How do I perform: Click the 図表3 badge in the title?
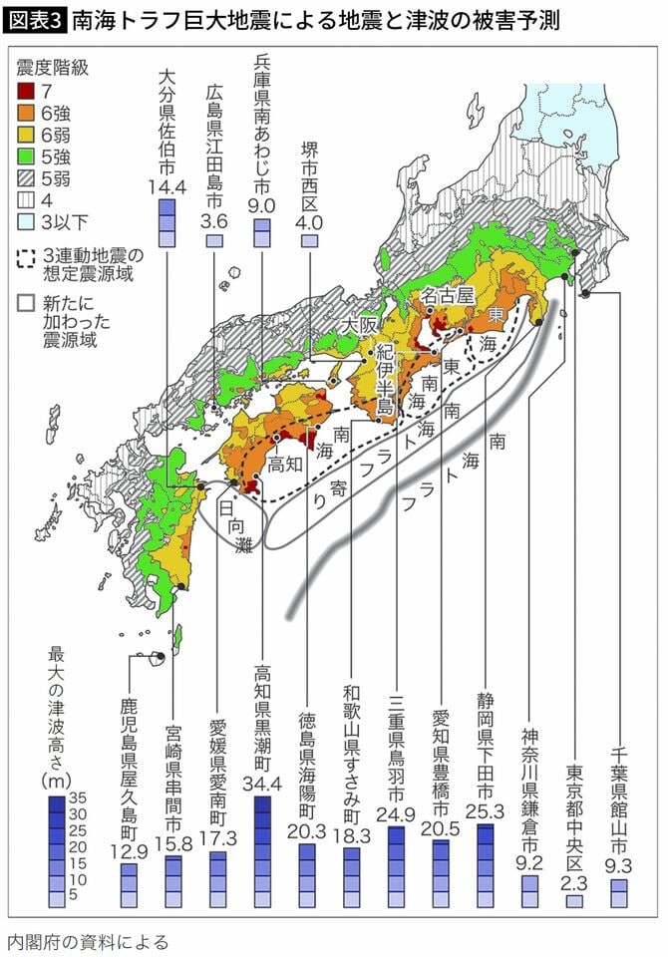35,17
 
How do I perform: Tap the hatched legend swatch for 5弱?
25,180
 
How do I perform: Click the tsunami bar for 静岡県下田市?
486,865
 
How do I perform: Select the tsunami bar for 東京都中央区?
573,900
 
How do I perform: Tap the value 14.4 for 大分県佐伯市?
167,185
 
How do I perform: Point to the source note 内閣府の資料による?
87,940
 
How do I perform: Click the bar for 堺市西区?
310,241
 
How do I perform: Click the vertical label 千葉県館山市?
618,783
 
